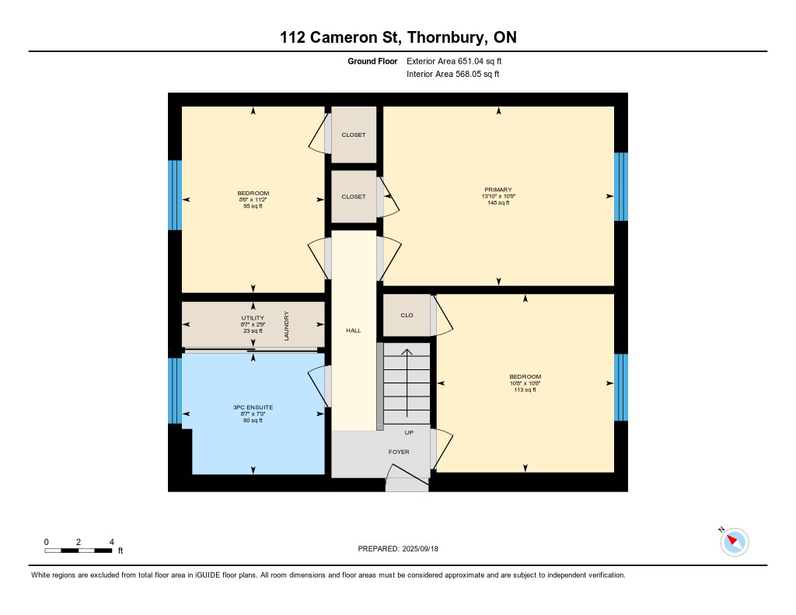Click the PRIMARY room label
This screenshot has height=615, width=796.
click(x=498, y=190)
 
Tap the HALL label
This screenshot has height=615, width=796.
click(x=354, y=330)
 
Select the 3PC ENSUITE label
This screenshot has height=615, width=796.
click(x=253, y=407)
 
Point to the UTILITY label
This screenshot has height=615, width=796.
click(x=253, y=318)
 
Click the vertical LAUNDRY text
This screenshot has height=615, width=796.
click(x=286, y=326)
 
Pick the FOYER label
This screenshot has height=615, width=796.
click(x=399, y=452)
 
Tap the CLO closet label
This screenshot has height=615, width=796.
click(x=407, y=316)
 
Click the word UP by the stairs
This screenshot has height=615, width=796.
click(x=409, y=433)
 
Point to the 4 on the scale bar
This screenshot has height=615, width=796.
click(x=112, y=542)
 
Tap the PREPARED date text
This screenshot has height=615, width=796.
click(x=398, y=549)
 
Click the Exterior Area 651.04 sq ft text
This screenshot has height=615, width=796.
click(x=454, y=61)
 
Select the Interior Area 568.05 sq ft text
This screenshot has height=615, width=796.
click(x=453, y=74)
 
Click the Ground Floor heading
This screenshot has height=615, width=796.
click(x=372, y=61)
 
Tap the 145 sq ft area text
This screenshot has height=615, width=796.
click(x=498, y=203)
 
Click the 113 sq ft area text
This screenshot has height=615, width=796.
click(x=525, y=390)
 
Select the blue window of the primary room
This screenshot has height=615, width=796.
click(x=621, y=187)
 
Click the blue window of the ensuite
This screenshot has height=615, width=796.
click(x=175, y=391)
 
